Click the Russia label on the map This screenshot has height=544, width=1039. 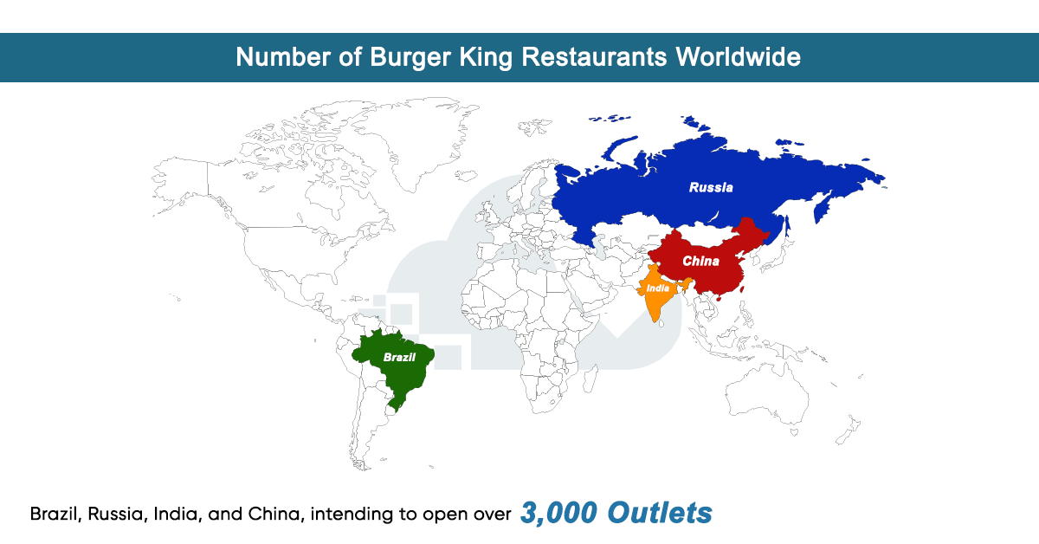click(711, 187)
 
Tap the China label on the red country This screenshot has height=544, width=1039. click(700, 261)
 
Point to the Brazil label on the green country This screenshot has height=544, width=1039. click(400, 357)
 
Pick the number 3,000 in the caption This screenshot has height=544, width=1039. click(558, 513)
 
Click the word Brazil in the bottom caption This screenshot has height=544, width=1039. click(55, 514)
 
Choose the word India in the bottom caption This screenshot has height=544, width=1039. click(173, 514)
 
